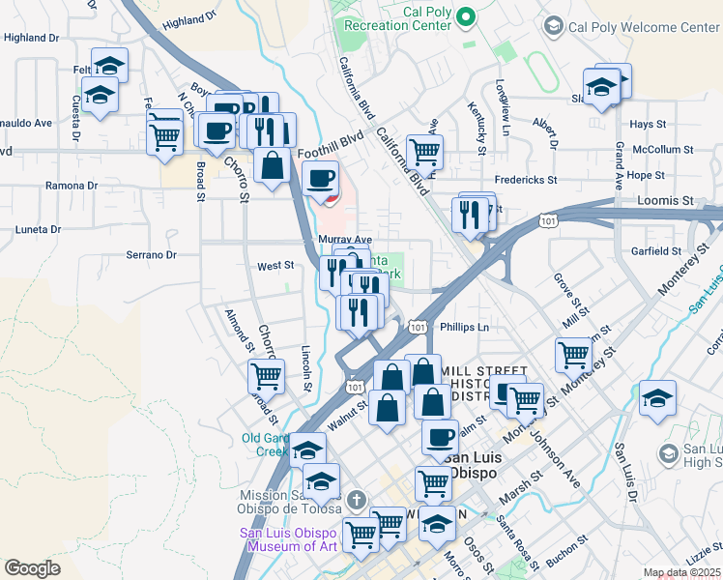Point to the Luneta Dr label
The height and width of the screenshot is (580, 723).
pos(38,230)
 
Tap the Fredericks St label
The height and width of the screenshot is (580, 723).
pos(526,180)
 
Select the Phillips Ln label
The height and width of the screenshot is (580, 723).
pos(465,328)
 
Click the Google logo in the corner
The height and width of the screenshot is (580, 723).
pos(32,568)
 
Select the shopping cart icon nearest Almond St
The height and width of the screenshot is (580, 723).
pos(266,376)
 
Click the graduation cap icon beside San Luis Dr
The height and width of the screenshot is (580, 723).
pos(657,397)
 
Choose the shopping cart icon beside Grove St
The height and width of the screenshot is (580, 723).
pos(573,355)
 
